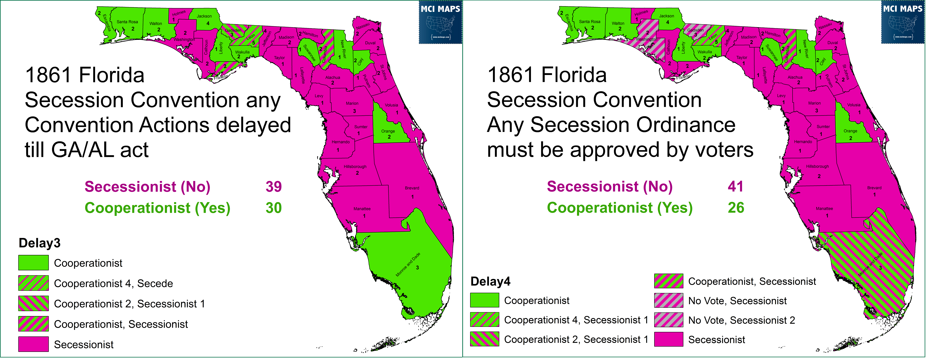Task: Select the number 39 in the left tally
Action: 274,187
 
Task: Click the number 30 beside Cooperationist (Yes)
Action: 274,208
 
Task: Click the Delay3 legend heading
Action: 40,243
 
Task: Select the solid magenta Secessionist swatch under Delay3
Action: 33,344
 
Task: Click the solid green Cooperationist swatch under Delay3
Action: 33,263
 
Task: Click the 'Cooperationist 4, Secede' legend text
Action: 113,283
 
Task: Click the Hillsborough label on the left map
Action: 355,167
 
